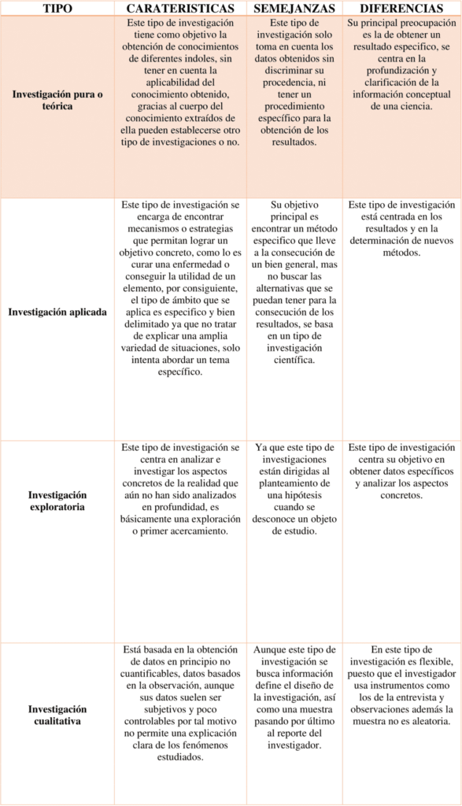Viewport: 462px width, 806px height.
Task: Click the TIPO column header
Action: pyautogui.click(x=57, y=7)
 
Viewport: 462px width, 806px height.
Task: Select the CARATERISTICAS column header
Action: pyautogui.click(x=180, y=7)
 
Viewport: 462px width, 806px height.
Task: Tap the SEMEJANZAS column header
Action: pyautogui.click(x=294, y=7)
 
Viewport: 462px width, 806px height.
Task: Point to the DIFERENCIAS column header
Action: pyautogui.click(x=401, y=7)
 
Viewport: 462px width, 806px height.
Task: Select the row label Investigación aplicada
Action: pyautogui.click(x=57, y=312)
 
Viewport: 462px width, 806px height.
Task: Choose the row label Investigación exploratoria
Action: pyautogui.click(x=57, y=501)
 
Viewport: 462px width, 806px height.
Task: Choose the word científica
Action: pyautogui.click(x=294, y=360)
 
